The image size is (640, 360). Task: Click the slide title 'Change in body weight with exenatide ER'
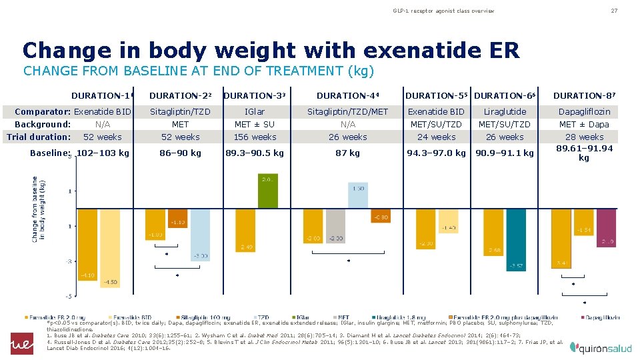271,50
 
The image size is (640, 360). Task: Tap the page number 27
614,11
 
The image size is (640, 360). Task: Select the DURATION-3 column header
255,95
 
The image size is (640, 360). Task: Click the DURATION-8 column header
583,95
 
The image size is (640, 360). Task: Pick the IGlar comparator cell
255,111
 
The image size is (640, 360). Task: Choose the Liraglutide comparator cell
505,111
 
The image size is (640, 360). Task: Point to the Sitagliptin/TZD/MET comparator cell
348,111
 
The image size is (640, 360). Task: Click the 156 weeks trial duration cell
255,137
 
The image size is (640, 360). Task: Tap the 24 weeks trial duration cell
436,137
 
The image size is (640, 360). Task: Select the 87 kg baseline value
348,153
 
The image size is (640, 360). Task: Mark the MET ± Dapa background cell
583,124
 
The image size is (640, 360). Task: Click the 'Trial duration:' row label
39,137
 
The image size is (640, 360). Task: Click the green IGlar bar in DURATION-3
267,191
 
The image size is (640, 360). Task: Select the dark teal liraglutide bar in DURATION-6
516,240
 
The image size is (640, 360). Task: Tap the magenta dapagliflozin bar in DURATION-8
606,227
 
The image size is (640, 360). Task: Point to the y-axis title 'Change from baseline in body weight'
35,209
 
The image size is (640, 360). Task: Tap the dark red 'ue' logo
21,343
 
